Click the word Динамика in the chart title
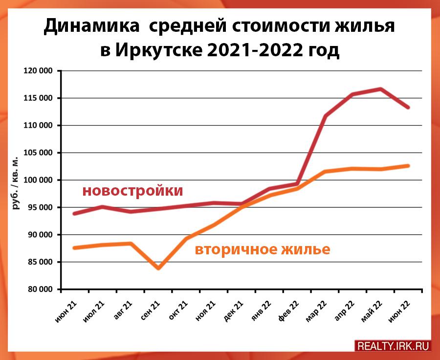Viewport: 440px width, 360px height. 89,26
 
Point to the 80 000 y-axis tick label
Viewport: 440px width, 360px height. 39,290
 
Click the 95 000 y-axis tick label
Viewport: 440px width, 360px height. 39,208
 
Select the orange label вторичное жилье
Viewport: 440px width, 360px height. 263,250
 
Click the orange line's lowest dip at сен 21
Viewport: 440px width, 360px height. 158,268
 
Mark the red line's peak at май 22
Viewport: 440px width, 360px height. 381,89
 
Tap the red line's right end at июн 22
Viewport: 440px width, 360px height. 408,107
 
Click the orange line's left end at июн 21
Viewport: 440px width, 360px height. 74,248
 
